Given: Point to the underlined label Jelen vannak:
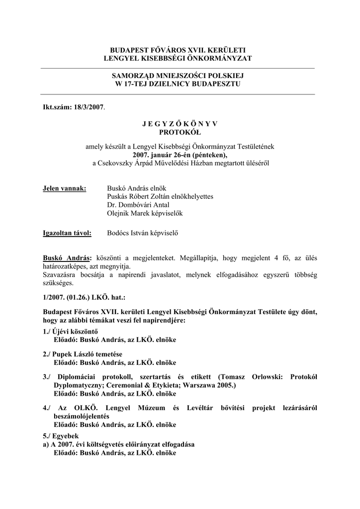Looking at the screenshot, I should pos(65,188).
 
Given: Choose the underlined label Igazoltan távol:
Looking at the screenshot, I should pos(67,233).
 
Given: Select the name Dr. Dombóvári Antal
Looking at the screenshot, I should pos(138,205).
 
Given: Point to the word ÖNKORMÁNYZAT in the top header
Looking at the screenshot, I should pos(217,59).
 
